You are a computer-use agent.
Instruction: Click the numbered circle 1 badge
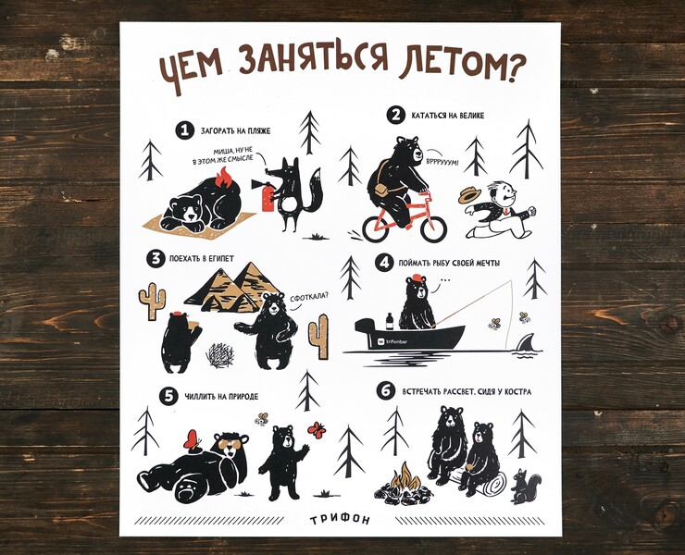[x=185, y=130]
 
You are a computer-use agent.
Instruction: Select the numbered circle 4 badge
[x=384, y=263]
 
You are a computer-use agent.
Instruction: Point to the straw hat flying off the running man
[x=469, y=195]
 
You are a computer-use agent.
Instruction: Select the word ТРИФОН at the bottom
[x=341, y=520]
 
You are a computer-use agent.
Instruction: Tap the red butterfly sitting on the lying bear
[x=192, y=439]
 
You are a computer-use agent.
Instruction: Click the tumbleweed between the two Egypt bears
[x=220, y=354]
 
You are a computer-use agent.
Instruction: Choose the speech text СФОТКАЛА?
[x=309, y=297]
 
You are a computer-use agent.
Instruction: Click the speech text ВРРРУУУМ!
[x=443, y=162]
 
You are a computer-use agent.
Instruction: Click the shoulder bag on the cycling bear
[x=381, y=190]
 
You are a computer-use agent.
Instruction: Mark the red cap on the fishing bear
[x=418, y=278]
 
